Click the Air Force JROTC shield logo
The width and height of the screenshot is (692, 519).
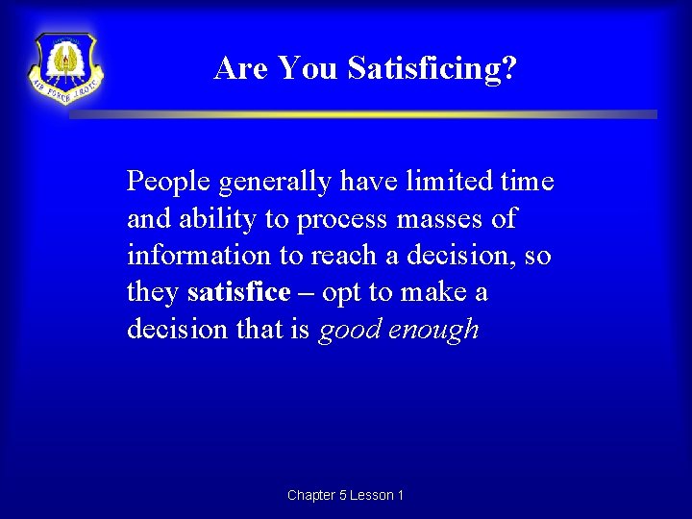pyautogui.click(x=66, y=67)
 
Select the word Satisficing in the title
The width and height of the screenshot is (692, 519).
pyautogui.click(x=432, y=68)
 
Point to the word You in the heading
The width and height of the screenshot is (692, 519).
pyautogui.click(x=309, y=68)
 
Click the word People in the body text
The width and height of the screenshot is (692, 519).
pyautogui.click(x=169, y=181)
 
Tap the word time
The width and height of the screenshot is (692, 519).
pyautogui.click(x=528, y=181)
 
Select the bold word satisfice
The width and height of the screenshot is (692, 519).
pyautogui.click(x=239, y=292)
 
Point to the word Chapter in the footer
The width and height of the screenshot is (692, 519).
pyautogui.click(x=311, y=495)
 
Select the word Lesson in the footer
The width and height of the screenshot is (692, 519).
pyautogui.click(x=370, y=495)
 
